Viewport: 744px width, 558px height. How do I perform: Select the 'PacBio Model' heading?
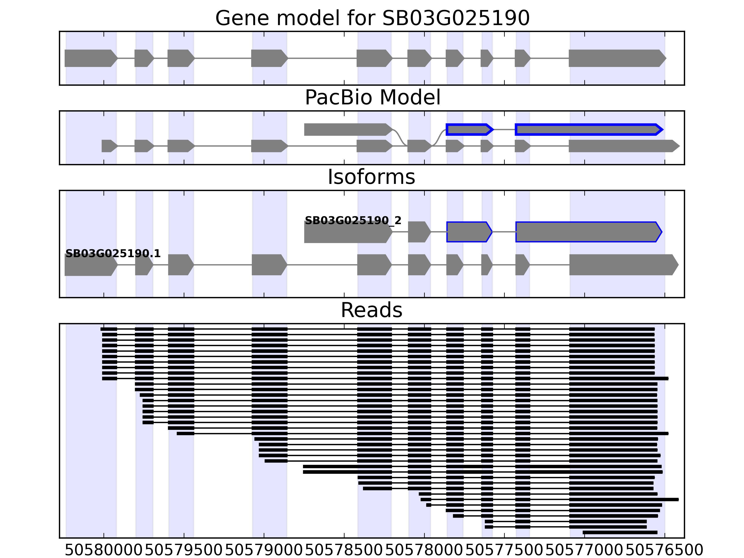coord(372,98)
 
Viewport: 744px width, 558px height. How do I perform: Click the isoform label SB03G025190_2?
coord(353,221)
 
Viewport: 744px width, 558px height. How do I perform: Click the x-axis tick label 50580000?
coord(104,550)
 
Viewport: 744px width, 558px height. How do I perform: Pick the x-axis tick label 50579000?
coord(264,550)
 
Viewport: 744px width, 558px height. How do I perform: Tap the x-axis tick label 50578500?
coord(344,550)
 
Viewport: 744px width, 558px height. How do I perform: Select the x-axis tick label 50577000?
coord(585,550)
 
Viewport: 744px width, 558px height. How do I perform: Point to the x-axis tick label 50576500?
coord(665,550)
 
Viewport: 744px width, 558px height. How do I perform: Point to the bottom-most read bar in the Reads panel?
coord(620,532)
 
